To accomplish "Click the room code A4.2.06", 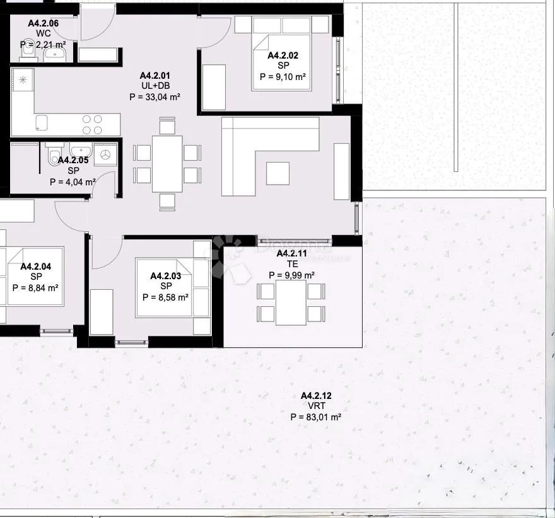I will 44,23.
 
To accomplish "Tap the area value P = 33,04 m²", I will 155,97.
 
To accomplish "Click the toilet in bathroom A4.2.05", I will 55,155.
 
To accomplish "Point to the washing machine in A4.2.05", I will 104,154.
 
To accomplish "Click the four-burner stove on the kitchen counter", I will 93,124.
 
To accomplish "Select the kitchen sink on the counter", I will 43,122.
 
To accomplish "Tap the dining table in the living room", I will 167,164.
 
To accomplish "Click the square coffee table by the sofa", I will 277,173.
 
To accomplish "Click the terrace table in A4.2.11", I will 291,302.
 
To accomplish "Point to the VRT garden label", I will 316,406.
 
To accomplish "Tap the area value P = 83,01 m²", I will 316,417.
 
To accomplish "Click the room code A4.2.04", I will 36,267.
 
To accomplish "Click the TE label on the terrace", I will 292,264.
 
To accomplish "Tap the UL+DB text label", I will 155,86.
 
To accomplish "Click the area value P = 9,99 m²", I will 292,275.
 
